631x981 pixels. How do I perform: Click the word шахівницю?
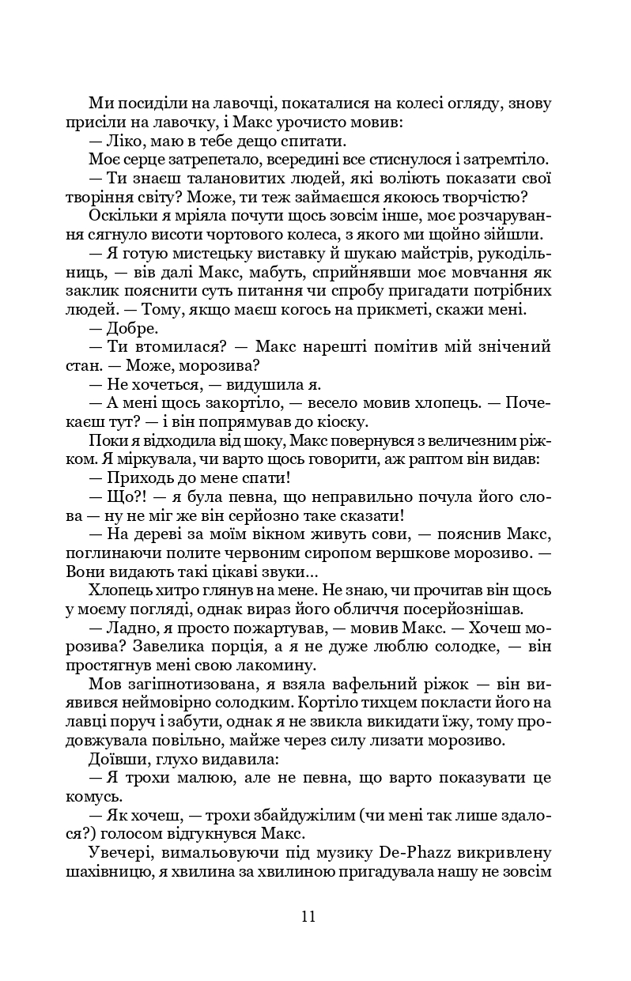click(110, 873)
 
